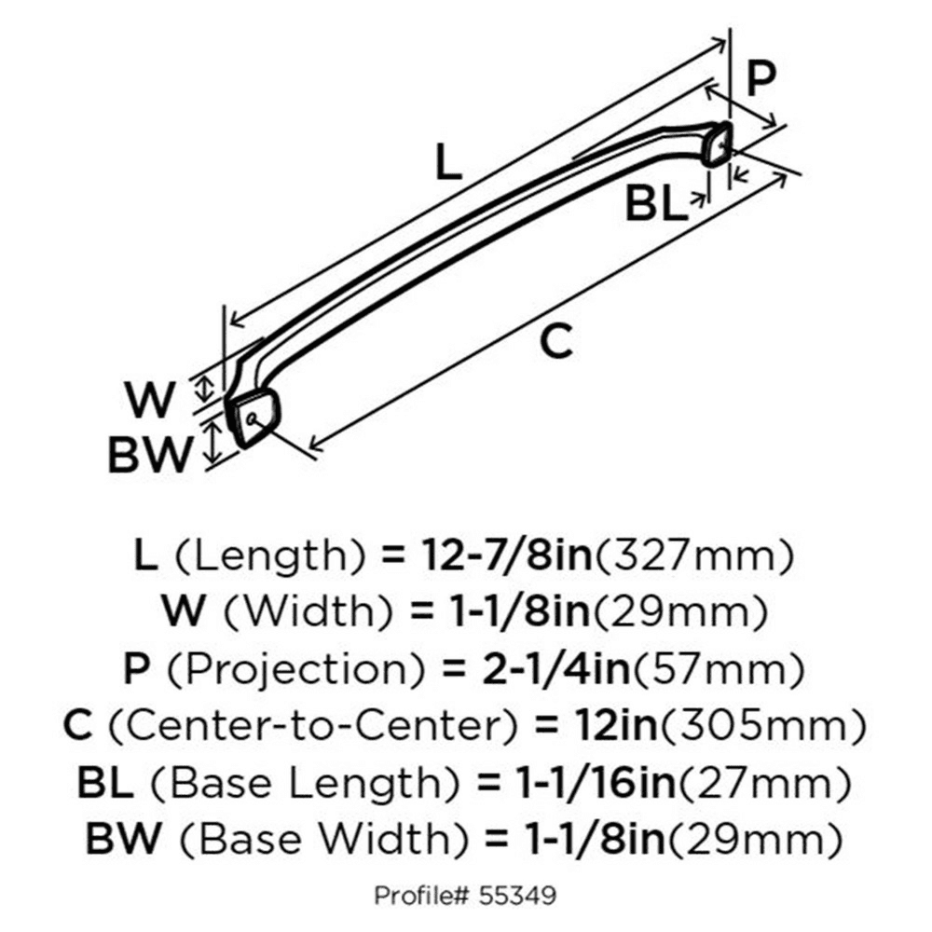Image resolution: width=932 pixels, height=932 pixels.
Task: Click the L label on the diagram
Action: click(x=448, y=161)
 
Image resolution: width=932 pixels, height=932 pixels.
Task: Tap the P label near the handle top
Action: click(x=761, y=78)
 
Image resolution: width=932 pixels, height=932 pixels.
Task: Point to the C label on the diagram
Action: click(x=557, y=341)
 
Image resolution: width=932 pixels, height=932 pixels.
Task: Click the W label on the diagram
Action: click(x=150, y=400)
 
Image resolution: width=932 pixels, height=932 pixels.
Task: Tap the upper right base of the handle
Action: click(x=716, y=144)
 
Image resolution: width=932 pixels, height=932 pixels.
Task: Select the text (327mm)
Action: click(x=694, y=557)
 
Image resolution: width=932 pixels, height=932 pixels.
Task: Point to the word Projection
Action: click(x=296, y=670)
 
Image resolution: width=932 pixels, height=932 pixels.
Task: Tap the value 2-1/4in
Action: click(x=556, y=670)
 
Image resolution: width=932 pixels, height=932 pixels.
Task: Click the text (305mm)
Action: click(x=763, y=726)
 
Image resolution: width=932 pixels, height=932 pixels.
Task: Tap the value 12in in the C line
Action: click(x=616, y=726)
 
